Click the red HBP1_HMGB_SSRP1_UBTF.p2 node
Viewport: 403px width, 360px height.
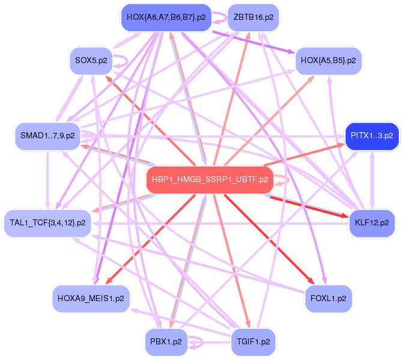tap(210, 180)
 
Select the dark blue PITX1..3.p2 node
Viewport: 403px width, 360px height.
tap(372, 136)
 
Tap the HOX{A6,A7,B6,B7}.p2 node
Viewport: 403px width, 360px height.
tap(166, 17)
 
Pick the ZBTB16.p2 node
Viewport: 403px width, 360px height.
tap(253, 17)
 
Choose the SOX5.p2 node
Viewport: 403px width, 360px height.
tap(91, 61)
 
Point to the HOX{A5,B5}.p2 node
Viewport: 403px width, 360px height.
tap(328, 61)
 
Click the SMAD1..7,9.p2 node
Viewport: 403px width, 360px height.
tap(47, 136)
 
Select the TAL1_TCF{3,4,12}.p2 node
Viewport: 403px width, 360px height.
tap(47, 223)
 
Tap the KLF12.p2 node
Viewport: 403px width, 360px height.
tap(372, 223)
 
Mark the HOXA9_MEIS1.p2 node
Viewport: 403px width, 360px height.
tap(91, 299)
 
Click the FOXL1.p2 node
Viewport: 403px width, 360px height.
tap(328, 299)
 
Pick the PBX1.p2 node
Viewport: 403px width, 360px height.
tap(166, 342)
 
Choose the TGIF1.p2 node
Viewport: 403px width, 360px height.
tap(253, 342)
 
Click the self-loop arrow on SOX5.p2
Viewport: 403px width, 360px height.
tap(127, 61)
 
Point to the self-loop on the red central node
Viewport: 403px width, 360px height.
tap(289, 180)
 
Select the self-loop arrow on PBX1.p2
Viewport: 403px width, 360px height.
tap(202, 342)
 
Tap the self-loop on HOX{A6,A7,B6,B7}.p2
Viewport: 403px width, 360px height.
tap(226, 18)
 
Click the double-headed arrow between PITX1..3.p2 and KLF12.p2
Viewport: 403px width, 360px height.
tap(372, 180)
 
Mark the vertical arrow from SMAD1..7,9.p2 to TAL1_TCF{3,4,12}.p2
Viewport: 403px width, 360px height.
tap(47, 180)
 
